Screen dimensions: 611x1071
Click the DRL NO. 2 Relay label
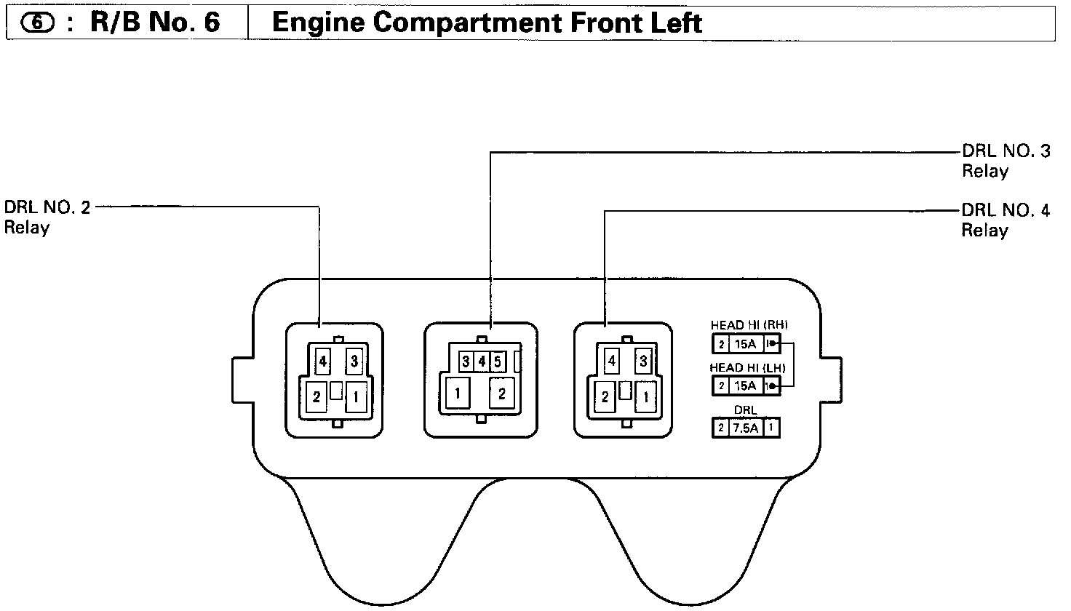(x=48, y=217)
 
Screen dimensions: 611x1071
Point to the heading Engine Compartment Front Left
(x=486, y=23)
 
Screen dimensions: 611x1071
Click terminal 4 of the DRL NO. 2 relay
(x=322, y=360)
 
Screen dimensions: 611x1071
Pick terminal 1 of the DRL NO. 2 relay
(x=356, y=397)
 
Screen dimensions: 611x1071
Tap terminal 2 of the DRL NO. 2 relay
(x=317, y=397)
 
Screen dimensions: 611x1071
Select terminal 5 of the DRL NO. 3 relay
(x=497, y=361)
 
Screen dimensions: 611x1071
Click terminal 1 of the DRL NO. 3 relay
(x=457, y=394)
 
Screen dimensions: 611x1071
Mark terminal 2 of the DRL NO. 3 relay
(x=502, y=394)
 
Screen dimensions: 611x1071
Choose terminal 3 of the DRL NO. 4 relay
(x=643, y=360)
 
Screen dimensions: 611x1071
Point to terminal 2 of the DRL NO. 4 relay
(x=605, y=397)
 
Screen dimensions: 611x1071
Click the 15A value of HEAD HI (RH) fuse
(x=745, y=344)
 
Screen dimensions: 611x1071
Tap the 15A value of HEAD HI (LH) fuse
(x=745, y=386)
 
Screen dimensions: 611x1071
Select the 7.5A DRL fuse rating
(x=745, y=428)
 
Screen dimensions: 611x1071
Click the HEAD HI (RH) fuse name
(x=749, y=325)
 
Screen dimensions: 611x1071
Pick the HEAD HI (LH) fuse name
(x=749, y=368)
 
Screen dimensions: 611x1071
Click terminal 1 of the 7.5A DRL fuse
(x=771, y=428)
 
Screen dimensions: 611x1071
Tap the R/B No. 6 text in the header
(x=154, y=23)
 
